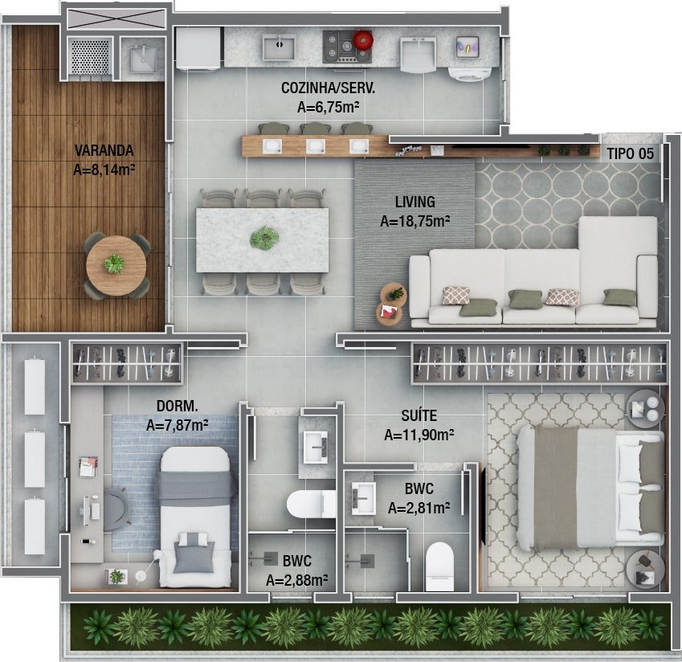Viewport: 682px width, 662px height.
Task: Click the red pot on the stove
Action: tap(363, 40)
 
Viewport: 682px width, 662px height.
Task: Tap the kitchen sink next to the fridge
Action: tap(279, 47)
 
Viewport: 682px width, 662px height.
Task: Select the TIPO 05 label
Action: tap(631, 153)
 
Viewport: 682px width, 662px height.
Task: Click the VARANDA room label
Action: tap(104, 150)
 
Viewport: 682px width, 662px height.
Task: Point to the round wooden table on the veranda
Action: tap(116, 265)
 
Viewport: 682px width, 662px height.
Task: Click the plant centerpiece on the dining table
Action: tap(264, 238)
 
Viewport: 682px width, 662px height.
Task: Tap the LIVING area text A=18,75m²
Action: tap(415, 222)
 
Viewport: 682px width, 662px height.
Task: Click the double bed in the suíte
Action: tap(590, 487)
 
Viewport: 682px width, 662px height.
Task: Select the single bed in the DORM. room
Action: tap(195, 517)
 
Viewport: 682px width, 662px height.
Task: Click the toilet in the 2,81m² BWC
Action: tap(439, 566)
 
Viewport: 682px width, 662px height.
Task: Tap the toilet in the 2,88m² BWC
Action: tap(311, 504)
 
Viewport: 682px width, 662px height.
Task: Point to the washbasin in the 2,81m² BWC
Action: tap(363, 498)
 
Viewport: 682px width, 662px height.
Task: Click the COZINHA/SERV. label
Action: tap(328, 88)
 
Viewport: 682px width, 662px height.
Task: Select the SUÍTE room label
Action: tap(419, 416)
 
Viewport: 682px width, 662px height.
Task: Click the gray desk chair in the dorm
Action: tap(116, 509)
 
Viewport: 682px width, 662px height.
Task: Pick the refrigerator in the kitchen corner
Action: tap(198, 48)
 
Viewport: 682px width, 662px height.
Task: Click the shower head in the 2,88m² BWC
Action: tap(270, 558)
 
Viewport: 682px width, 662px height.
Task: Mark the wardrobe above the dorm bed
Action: tap(127, 363)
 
